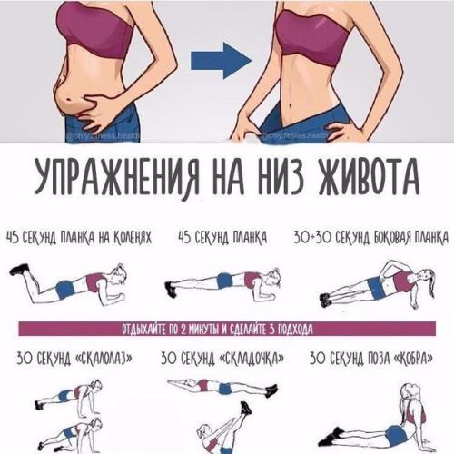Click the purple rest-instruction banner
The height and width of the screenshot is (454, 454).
pos(227,328)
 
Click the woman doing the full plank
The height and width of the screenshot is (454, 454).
pos(222,285)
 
